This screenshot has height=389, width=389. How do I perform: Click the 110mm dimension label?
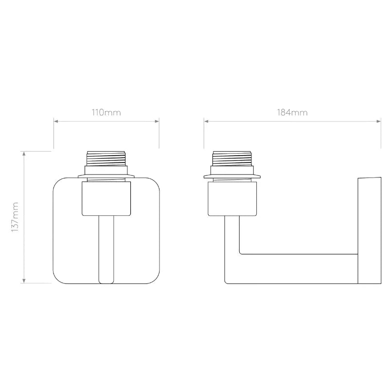click(x=106, y=113)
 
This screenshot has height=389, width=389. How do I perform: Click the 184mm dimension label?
click(x=292, y=113)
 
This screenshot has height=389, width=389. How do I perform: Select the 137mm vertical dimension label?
click(x=15, y=217)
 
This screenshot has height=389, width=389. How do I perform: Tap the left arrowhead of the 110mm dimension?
click(x=56, y=121)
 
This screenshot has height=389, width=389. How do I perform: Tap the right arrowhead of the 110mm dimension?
click(x=157, y=121)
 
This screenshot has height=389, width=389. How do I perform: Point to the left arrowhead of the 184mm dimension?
click(x=206, y=121)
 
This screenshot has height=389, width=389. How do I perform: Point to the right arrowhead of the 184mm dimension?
click(x=379, y=121)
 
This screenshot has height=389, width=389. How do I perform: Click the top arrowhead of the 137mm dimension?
click(x=24, y=153)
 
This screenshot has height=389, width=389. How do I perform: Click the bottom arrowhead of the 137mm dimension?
click(x=24, y=281)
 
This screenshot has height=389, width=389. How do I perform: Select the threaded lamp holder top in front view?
click(x=106, y=159)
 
